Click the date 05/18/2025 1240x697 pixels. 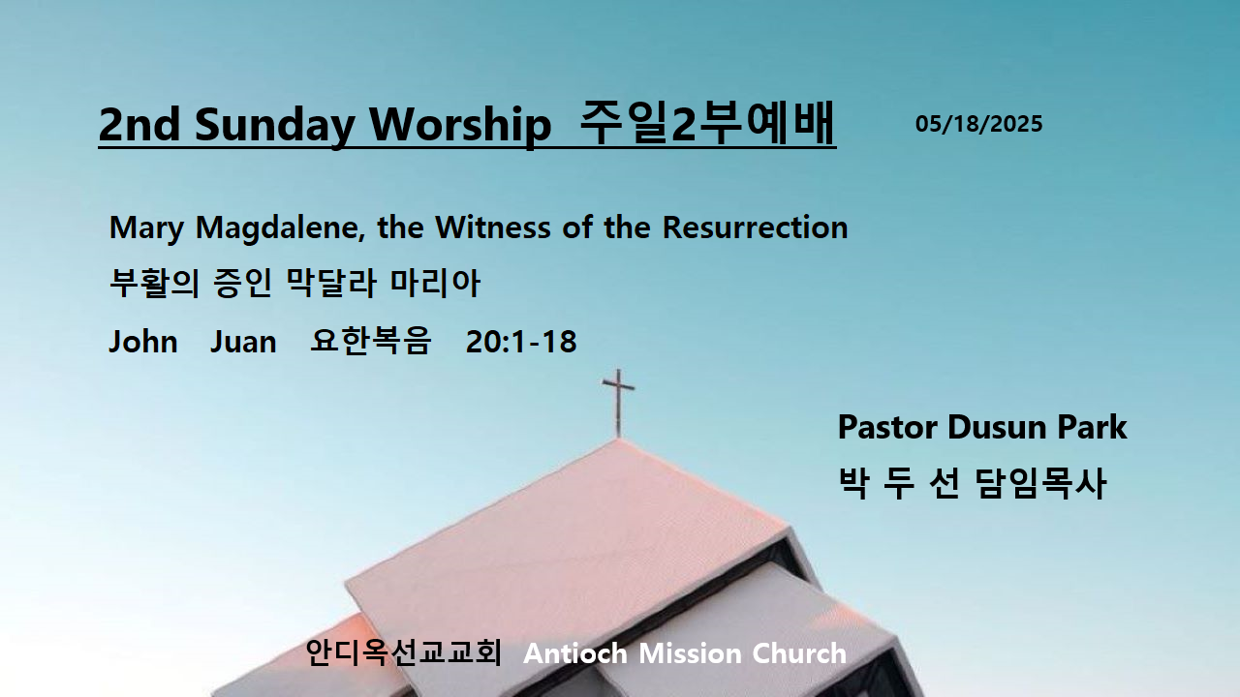978,124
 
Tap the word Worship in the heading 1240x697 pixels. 460,125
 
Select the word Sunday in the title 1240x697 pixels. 274,126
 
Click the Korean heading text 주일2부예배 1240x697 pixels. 707,123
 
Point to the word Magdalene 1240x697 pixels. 281,228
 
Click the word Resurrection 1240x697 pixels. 755,227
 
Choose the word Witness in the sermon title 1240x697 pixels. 493,227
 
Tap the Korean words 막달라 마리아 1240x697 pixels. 383,283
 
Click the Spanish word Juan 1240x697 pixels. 243,342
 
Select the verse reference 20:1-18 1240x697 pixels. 521,342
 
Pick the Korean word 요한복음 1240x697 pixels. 370,340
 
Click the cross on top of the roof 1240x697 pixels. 618,402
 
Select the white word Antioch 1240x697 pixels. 575,653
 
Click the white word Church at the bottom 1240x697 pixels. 799,653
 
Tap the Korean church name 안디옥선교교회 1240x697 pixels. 403,652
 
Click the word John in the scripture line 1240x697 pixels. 142,342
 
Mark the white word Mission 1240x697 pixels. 690,653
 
